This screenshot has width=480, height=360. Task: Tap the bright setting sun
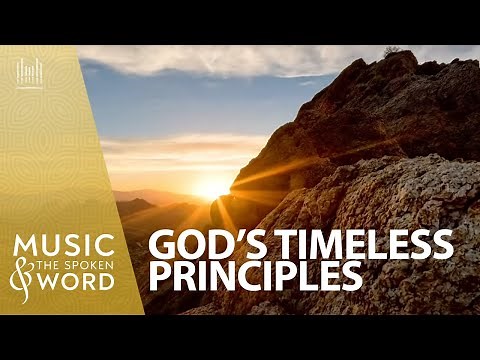213,187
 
